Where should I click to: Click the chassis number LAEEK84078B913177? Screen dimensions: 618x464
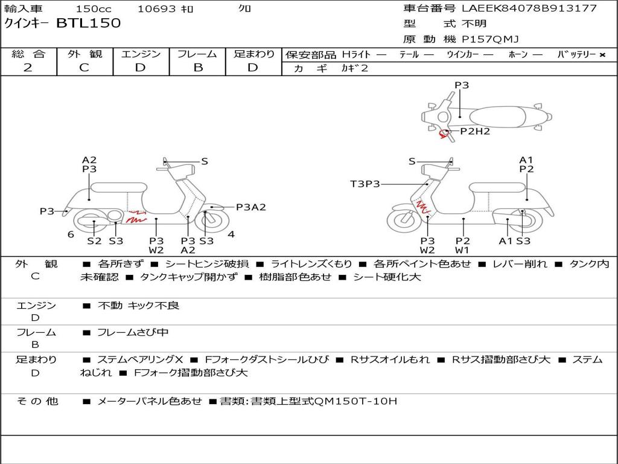(529, 8)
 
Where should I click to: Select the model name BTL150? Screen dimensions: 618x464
(89, 23)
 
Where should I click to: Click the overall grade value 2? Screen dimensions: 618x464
(28, 68)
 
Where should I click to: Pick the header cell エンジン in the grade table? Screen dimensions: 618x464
(141, 54)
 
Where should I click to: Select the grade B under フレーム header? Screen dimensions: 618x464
(198, 68)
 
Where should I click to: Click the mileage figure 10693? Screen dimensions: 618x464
(156, 8)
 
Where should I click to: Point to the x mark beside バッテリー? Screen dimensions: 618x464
(602, 55)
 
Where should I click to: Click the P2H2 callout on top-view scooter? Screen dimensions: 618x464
(475, 131)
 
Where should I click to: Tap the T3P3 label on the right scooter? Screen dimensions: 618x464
(365, 184)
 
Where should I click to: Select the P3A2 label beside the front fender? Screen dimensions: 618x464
(251, 207)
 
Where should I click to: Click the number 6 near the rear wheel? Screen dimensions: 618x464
(71, 234)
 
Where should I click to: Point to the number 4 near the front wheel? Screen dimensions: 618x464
(231, 234)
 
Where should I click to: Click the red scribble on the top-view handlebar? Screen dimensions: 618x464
(444, 134)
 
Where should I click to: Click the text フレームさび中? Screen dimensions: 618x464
(133, 333)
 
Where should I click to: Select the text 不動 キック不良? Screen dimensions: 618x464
(138, 305)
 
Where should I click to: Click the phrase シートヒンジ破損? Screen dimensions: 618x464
(207, 264)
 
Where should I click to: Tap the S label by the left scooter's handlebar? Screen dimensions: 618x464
(204, 161)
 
